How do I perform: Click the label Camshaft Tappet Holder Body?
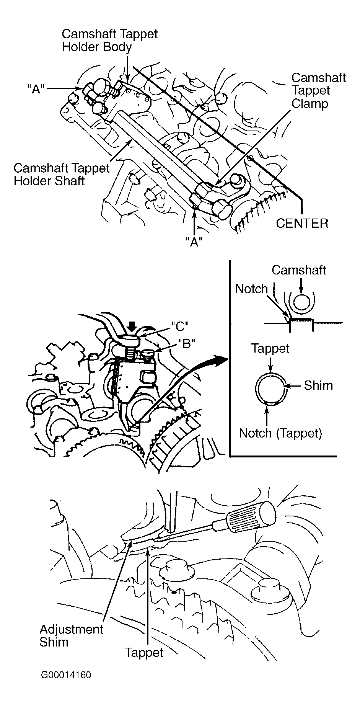(x=110, y=40)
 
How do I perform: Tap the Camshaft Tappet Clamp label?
(x=319, y=91)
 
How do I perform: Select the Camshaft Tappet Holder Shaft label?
(x=62, y=174)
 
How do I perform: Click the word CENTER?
(x=302, y=223)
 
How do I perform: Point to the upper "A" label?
(x=36, y=89)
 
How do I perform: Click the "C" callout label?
(x=180, y=326)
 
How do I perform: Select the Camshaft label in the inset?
(x=299, y=270)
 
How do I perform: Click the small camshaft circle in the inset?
(x=302, y=303)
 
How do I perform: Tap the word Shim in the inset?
(x=318, y=385)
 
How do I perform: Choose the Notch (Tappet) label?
(x=280, y=433)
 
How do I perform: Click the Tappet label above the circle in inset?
(x=270, y=349)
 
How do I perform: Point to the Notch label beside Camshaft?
(x=251, y=289)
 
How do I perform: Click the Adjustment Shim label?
(x=72, y=636)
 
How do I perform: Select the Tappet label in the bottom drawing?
(x=144, y=652)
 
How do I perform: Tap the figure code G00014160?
(x=66, y=685)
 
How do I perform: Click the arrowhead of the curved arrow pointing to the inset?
(x=222, y=359)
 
